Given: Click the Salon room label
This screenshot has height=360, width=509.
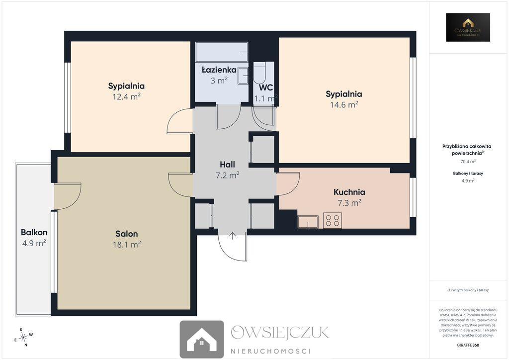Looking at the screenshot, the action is pyautogui.click(x=127, y=234).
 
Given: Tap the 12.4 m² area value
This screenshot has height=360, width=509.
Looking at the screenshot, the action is pyautogui.click(x=127, y=96).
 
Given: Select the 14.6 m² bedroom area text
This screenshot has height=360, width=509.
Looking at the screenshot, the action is pyautogui.click(x=344, y=104).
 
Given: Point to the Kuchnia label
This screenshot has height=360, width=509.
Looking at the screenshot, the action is pyautogui.click(x=349, y=192).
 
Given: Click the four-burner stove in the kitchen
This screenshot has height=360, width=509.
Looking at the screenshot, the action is pyautogui.click(x=333, y=220).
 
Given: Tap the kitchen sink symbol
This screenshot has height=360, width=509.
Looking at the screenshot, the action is pyautogui.click(x=308, y=222).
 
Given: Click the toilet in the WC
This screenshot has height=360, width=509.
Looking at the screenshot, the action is pyautogui.click(x=259, y=74).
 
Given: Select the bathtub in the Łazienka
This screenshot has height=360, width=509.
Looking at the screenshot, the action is pyautogui.click(x=222, y=52).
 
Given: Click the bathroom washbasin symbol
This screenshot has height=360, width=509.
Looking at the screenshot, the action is pyautogui.click(x=243, y=76).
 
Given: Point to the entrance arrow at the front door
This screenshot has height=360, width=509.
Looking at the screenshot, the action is pyautogui.click(x=233, y=236).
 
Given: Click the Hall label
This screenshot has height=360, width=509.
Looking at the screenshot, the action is pyautogui.click(x=227, y=165).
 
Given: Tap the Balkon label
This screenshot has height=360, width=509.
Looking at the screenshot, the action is pyautogui.click(x=34, y=232).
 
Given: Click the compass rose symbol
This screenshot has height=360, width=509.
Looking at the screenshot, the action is pyautogui.click(x=23, y=338).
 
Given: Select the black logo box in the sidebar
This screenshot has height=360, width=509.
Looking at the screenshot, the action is pyautogui.click(x=468, y=27).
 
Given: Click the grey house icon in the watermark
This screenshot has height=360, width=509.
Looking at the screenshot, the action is pyautogui.click(x=202, y=339).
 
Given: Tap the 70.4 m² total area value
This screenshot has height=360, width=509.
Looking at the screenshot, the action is pyautogui.click(x=468, y=161).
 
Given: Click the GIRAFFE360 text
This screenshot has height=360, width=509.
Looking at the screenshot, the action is pyautogui.click(x=468, y=345).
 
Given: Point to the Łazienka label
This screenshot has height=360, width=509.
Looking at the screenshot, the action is pyautogui.click(x=219, y=70).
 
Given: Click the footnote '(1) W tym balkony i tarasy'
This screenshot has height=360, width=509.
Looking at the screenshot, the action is pyautogui.click(x=468, y=290).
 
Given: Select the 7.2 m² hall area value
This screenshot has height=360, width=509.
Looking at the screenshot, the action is pyautogui.click(x=228, y=176).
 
